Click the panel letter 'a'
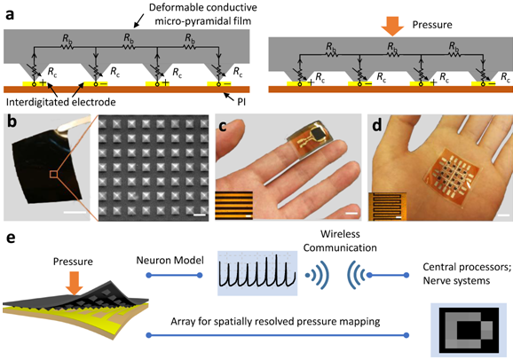(x=10, y=15)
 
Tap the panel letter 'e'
(x=11, y=238)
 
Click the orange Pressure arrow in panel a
(x=392, y=27)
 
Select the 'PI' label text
(x=241, y=102)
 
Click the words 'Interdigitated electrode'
(x=61, y=102)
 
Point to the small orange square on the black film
(x=53, y=175)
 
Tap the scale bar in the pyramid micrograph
(x=200, y=215)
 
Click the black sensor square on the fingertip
(x=317, y=134)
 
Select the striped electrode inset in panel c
(x=234, y=205)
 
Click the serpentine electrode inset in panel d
(x=387, y=207)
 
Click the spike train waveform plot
(x=257, y=273)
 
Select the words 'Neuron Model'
(x=170, y=261)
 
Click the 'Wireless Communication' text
(x=340, y=240)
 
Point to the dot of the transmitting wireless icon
(x=307, y=275)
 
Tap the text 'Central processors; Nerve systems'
(x=467, y=274)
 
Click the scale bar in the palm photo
(x=504, y=215)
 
